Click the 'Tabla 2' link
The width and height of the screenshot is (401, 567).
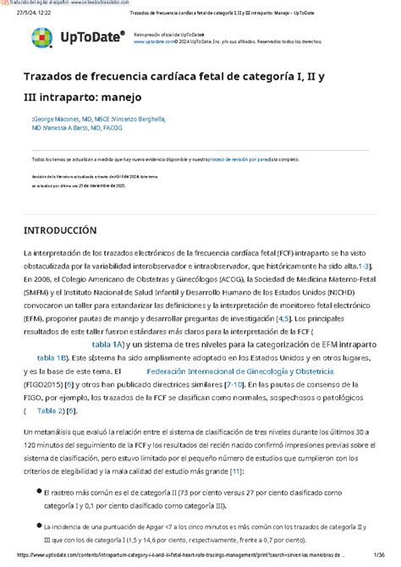50,411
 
